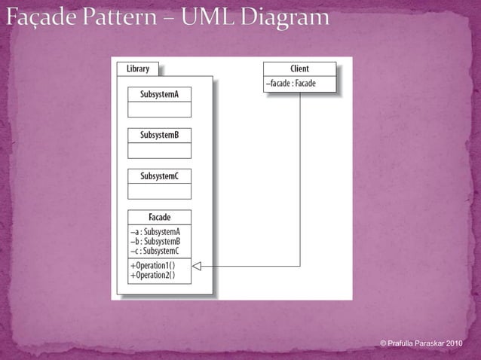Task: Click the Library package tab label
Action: (137, 69)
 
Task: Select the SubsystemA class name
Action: (159, 94)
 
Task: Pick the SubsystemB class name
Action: (159, 135)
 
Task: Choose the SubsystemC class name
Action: (159, 176)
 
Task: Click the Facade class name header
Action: (159, 218)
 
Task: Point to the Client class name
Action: (299, 69)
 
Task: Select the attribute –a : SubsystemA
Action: (155, 232)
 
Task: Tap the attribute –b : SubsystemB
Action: (155, 241)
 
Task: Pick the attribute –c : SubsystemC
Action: (155, 250)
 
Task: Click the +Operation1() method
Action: (152, 266)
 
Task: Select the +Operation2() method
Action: (152, 275)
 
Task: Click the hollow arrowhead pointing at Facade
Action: (198, 266)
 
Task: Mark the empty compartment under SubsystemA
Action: (159, 109)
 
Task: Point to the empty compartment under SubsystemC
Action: (159, 191)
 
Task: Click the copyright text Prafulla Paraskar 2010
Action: (421, 343)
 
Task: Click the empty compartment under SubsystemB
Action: (159, 150)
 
